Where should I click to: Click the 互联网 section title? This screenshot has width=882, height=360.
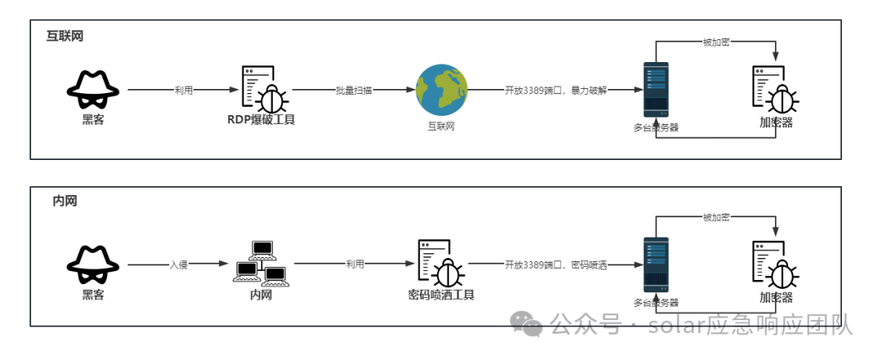tap(65, 37)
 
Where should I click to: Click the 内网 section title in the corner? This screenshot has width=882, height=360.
tap(65, 201)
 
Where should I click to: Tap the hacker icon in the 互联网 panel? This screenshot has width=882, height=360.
tap(92, 89)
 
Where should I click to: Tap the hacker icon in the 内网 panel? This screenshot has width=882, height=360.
tap(92, 264)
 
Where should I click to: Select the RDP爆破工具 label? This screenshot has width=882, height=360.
tap(261, 120)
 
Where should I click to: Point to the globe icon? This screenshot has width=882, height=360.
tap(441, 90)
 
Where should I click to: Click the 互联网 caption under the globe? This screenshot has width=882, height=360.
tap(441, 127)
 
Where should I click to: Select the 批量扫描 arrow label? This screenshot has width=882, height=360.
tap(354, 91)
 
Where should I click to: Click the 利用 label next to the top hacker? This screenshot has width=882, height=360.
tap(184, 91)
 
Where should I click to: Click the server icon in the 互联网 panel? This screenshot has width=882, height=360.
tap(655, 90)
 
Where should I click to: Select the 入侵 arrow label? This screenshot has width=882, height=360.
tap(179, 265)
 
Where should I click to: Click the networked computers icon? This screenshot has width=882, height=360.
tap(261, 263)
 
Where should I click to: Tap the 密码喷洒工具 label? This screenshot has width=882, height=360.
tap(441, 295)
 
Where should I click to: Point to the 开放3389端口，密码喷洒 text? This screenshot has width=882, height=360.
tap(555, 265)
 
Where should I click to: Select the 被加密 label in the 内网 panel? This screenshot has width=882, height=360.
tap(716, 218)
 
